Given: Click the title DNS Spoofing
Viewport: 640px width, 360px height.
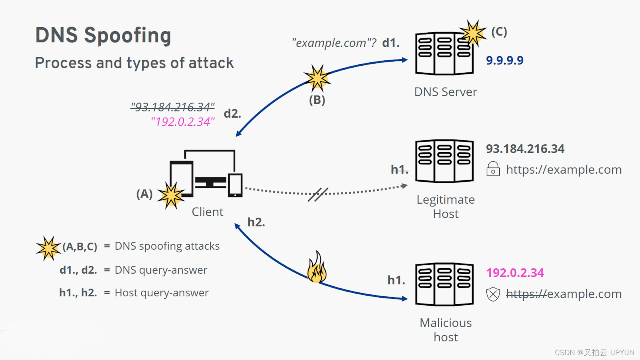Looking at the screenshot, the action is [x=103, y=36].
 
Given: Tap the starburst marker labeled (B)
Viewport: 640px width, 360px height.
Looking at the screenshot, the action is [x=317, y=78].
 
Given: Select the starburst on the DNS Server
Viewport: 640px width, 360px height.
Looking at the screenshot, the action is [x=473, y=33].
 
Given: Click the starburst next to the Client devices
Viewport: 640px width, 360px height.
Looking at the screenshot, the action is [x=171, y=196].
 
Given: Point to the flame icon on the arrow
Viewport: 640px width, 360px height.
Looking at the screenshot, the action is [x=317, y=267].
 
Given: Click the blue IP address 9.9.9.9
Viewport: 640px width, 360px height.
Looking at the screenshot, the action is [x=505, y=60].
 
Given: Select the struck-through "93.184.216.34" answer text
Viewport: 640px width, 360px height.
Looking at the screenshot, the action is [x=172, y=107].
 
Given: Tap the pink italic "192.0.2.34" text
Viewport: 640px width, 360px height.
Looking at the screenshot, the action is [x=183, y=122].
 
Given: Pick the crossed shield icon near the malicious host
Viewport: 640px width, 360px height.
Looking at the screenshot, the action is [x=493, y=294].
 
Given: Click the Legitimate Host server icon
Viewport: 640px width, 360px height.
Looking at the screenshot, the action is [x=444, y=161].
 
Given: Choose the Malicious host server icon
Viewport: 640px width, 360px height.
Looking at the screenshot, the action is [x=444, y=284].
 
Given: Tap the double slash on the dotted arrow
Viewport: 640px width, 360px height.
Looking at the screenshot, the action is [x=318, y=194].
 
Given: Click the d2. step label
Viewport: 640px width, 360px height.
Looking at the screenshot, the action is [x=232, y=114].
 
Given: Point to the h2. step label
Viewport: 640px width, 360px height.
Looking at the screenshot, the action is [x=256, y=222].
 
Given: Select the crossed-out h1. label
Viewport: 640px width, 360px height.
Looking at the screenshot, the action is [x=400, y=170].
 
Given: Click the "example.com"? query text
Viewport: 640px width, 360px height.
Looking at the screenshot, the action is [x=334, y=43].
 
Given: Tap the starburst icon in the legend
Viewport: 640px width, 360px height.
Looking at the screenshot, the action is [x=48, y=248].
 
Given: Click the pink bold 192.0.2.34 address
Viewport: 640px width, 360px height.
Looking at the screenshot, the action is [x=515, y=273].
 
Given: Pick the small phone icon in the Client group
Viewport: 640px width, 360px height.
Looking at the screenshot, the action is [x=235, y=185].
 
